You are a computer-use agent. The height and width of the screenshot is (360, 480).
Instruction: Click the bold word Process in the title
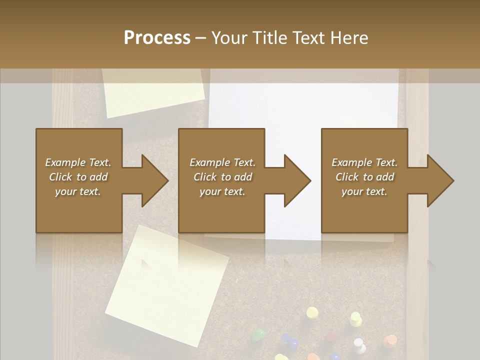tap(157, 37)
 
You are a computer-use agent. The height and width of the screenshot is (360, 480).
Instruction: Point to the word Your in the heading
tap(229, 37)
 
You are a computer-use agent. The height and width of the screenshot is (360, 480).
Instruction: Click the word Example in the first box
tap(65, 162)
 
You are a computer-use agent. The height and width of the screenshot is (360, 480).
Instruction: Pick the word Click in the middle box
tap(205, 177)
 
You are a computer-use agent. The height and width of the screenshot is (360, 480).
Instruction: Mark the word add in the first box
tap(98, 177)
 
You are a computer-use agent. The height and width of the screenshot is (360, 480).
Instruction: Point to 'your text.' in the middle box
tap(222, 191)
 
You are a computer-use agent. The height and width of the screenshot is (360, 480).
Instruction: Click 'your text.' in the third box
tap(364, 191)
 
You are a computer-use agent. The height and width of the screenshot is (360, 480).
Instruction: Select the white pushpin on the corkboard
tap(358, 344)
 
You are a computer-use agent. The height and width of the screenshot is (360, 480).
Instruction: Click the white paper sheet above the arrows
tap(305, 105)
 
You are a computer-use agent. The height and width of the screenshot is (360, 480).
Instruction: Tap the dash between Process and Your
tap(201, 38)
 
